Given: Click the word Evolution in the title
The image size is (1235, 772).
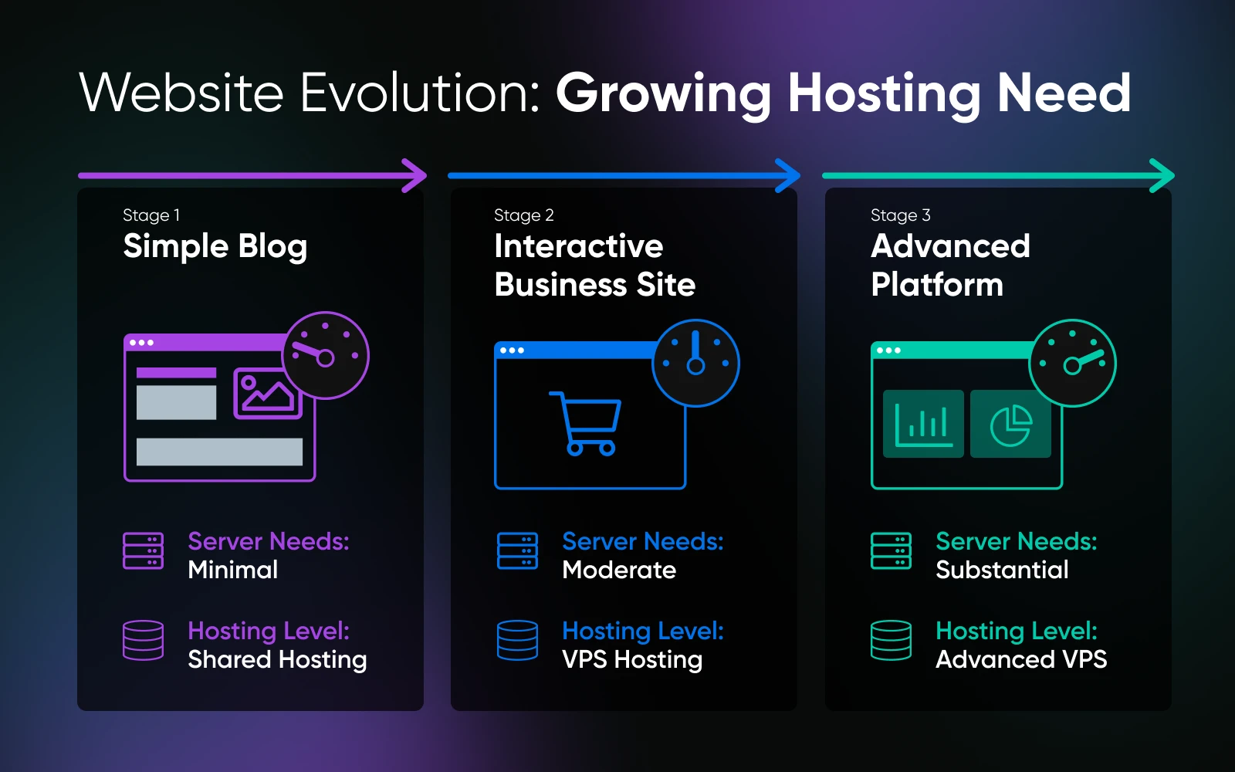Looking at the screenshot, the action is click(x=420, y=93).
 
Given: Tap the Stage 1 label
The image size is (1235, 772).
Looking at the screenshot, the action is click(x=151, y=215).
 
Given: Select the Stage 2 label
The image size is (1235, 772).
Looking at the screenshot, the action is click(x=524, y=215).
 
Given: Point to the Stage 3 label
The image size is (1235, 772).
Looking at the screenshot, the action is click(x=900, y=215).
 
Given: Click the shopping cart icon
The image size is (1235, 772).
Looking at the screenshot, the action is click(x=586, y=424).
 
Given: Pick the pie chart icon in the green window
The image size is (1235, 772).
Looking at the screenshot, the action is click(x=1010, y=425).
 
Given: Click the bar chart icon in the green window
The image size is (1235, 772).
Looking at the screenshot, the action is click(x=923, y=425).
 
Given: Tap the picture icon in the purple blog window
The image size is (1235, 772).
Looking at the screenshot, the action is click(x=267, y=394).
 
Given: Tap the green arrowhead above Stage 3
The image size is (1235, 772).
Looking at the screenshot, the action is click(x=1163, y=176).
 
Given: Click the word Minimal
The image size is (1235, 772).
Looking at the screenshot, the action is click(x=232, y=570).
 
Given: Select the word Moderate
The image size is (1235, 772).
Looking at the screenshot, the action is click(x=619, y=570).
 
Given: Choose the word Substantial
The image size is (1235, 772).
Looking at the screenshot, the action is click(x=1003, y=570).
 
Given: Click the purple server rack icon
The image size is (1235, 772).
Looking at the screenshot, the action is click(x=143, y=551).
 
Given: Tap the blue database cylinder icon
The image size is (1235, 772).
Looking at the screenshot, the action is click(x=517, y=640).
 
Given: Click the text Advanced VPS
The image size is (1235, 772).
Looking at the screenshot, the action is click(x=1021, y=659).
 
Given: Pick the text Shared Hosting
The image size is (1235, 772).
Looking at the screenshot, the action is click(x=277, y=660).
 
